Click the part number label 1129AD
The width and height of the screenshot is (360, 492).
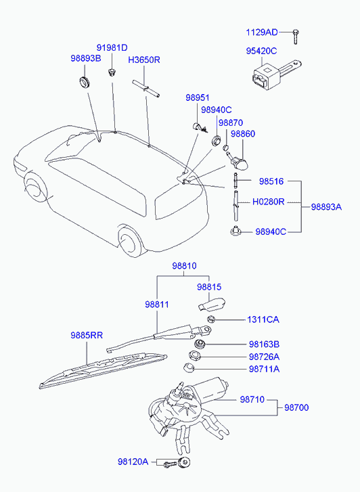[261, 32]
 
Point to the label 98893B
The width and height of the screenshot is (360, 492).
[85, 58]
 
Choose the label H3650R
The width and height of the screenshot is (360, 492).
[143, 60]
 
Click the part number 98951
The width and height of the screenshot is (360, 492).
[198, 97]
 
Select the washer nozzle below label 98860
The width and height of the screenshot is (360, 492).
[240, 161]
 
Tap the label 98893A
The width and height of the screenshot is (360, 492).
[326, 207]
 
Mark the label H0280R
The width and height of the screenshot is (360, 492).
[268, 202]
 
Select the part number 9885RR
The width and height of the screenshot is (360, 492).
[87, 336]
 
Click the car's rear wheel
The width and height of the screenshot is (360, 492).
[129, 242]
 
